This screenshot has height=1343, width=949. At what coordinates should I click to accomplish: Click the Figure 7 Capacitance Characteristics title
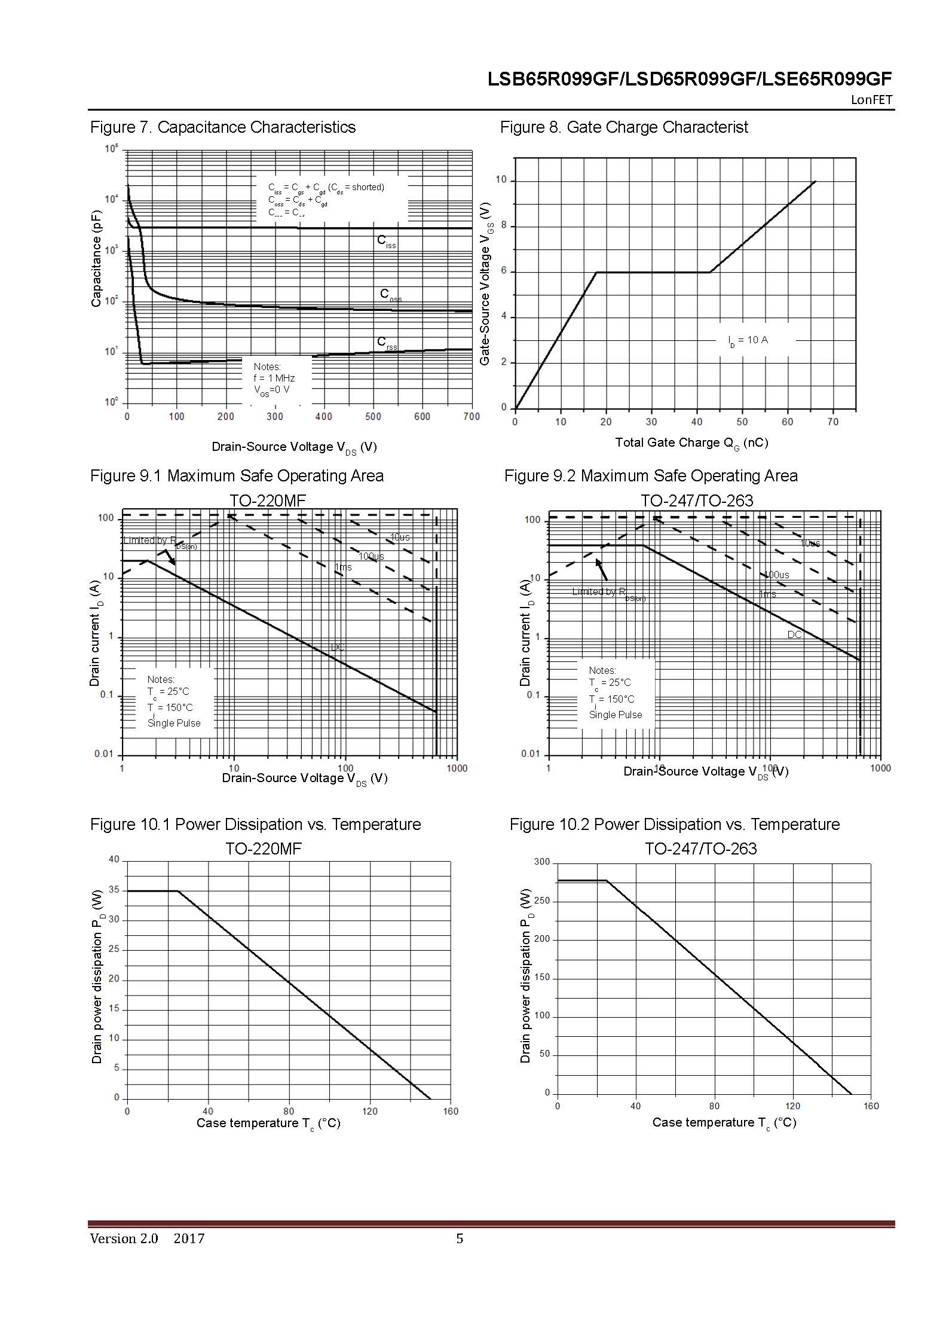pyautogui.click(x=222, y=127)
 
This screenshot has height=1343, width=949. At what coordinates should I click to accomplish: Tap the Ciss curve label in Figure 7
pyautogui.click(x=386, y=242)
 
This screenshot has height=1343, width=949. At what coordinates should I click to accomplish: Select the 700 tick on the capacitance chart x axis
pyautogui.click(x=472, y=417)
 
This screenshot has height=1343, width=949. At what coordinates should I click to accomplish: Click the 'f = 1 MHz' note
pyautogui.click(x=274, y=378)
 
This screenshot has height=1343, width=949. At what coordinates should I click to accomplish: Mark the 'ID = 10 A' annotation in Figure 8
pyautogui.click(x=748, y=340)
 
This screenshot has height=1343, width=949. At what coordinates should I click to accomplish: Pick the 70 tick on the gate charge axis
pyautogui.click(x=832, y=422)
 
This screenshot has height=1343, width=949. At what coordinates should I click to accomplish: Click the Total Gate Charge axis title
pyautogui.click(x=691, y=443)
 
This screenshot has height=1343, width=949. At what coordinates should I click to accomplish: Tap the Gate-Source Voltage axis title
pyautogui.click(x=485, y=283)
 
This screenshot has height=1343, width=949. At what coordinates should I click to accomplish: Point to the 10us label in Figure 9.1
pyautogui.click(x=400, y=537)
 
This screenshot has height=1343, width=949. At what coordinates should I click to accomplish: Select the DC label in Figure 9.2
pyautogui.click(x=794, y=634)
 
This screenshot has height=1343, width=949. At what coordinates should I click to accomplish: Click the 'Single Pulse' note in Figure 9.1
pyautogui.click(x=174, y=723)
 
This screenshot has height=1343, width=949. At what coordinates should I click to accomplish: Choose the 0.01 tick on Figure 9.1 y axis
pyautogui.click(x=103, y=754)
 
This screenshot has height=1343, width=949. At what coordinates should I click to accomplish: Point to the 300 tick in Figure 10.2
pyautogui.click(x=541, y=862)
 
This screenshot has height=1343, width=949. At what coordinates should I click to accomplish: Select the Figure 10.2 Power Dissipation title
pyautogui.click(x=674, y=825)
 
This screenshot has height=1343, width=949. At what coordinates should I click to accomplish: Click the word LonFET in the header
pyautogui.click(x=871, y=100)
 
